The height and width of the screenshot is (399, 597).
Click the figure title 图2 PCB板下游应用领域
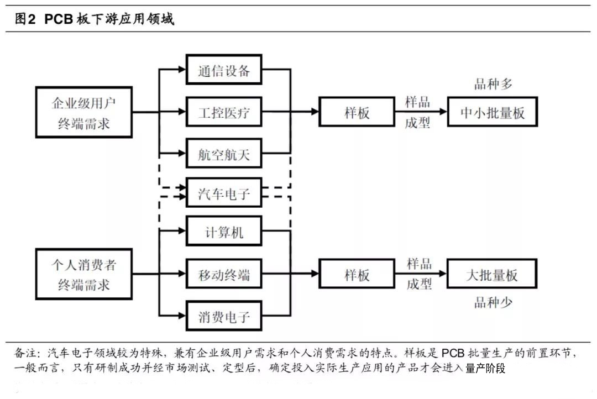(94, 19)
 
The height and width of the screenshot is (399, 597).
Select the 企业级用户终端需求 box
(84, 112)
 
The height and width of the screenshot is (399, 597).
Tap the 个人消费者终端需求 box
(84, 274)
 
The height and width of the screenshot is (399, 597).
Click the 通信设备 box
(224, 70)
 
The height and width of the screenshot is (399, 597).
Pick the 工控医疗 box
(224, 113)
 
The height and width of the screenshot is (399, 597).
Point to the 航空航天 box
(224, 155)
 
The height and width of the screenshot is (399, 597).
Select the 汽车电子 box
(224, 193)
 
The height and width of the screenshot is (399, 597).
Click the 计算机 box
(224, 233)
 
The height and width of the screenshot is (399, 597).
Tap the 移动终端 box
(224, 275)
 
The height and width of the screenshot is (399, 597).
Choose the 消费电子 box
(224, 317)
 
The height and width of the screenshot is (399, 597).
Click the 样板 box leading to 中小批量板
(357, 112)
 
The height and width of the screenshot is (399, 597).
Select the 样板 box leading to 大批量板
(357, 275)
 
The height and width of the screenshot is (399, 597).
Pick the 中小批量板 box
(492, 112)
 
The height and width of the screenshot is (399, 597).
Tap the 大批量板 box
(492, 274)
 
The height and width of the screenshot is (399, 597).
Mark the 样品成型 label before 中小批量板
(418, 112)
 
